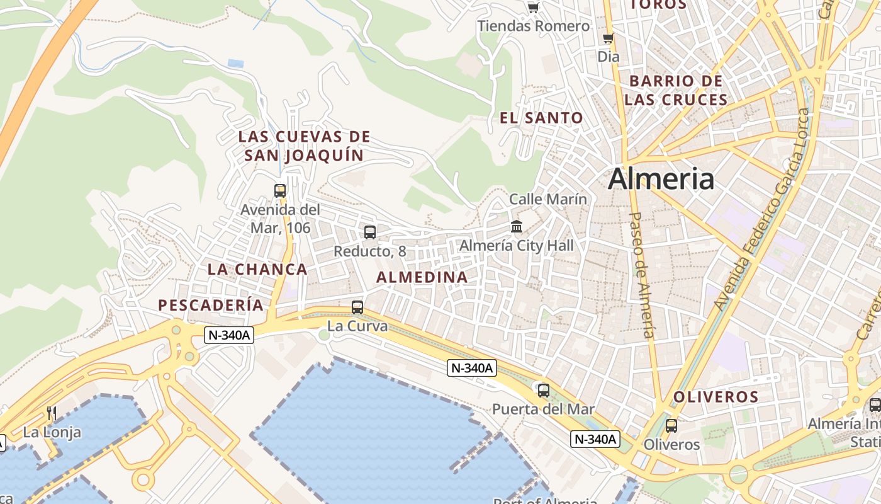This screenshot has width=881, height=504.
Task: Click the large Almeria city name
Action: [x=661, y=179]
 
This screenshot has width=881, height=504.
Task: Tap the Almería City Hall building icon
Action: [x=517, y=226]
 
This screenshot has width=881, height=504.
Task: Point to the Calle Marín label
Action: [x=547, y=199]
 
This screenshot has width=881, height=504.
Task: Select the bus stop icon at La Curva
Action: [x=357, y=307]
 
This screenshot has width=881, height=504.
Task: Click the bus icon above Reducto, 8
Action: [x=370, y=232]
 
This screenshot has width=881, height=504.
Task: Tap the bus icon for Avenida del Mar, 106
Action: [x=280, y=190]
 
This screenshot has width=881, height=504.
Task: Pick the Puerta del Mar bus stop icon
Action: [x=544, y=390]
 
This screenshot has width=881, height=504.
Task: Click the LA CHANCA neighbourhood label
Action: [x=257, y=270]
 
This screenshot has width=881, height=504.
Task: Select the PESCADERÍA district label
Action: [x=211, y=306]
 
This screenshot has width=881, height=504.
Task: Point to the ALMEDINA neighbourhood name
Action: [x=422, y=277]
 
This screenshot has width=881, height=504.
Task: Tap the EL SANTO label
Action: [x=541, y=118]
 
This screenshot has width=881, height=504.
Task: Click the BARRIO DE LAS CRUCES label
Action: [x=676, y=90]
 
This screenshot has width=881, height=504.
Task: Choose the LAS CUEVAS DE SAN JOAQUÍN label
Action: [x=304, y=146]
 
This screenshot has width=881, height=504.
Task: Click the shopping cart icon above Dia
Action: [x=608, y=38]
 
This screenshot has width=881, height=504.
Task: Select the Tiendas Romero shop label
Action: [x=534, y=26]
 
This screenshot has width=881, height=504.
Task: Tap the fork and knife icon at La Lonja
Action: [x=52, y=413]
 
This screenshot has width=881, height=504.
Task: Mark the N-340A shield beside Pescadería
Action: [x=229, y=335]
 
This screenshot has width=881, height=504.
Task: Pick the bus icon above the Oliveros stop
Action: [x=671, y=425]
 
